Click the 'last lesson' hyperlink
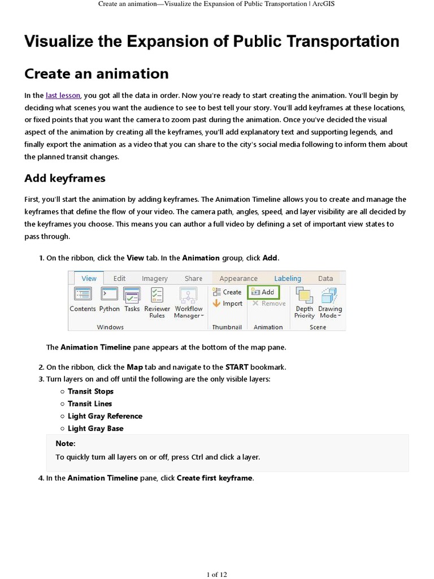pos(63,96)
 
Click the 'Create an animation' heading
pos(96,74)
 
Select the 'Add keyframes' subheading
pos(64,178)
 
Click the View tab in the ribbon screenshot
pos(89,278)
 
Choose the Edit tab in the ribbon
pos(119,278)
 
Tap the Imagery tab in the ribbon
pos(154,278)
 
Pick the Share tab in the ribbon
pos(193,278)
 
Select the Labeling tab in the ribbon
pos(287,278)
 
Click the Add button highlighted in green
pos(263,292)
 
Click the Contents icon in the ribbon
pos(83,295)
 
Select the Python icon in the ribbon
pos(109,295)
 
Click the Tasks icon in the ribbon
pos(132,295)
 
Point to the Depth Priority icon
pos(304,296)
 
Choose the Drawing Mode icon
pos(329,296)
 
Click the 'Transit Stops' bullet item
pos(90,391)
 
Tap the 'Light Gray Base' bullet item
pos(95,429)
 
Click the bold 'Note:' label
pos(66,444)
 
